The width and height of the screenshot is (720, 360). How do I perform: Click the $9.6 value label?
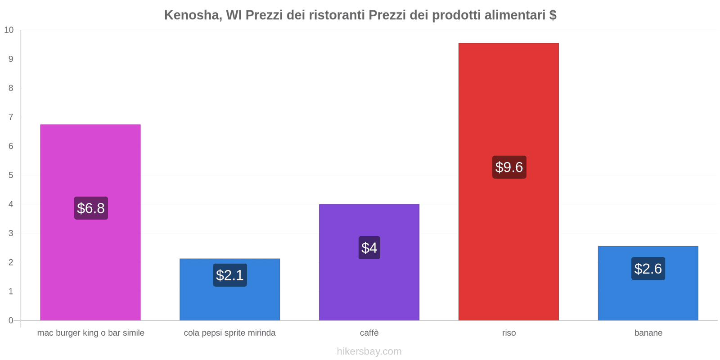click(509, 167)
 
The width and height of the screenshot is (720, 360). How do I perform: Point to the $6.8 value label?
click(91, 208)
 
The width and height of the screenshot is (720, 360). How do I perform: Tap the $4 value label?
click(369, 247)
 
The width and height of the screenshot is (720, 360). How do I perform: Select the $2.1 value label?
click(230, 275)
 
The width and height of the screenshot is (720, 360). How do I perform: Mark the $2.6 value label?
click(648, 269)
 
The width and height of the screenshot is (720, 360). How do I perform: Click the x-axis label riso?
click(509, 333)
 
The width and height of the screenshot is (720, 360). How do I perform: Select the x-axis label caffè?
click(369, 333)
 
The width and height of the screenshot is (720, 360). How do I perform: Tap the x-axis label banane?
click(648, 333)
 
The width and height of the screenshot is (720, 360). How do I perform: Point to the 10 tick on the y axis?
click(9, 30)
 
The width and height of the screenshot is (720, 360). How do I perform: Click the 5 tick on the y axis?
click(11, 175)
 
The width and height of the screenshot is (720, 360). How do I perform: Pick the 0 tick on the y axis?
click(11, 320)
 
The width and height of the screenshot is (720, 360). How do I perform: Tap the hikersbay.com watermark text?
click(369, 351)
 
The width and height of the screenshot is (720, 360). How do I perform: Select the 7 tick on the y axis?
click(11, 117)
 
